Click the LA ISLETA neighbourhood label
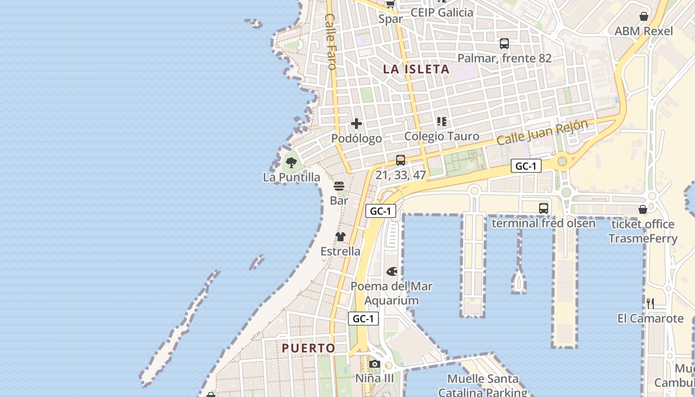tap(416, 69)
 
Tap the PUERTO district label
tap(308, 348)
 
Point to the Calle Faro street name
tap(331, 42)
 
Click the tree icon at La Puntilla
tap(291, 162)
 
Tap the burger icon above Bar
tap(339, 186)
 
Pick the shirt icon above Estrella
tap(340, 237)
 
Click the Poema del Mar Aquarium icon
tap(392, 271)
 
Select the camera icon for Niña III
tap(375, 364)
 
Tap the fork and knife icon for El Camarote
tap(650, 303)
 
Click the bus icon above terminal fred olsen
tap(544, 208)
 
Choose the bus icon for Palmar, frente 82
tap(504, 44)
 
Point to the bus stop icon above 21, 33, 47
tap(401, 160)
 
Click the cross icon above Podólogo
tap(356, 124)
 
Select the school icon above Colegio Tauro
tap(441, 122)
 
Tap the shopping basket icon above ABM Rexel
tap(644, 16)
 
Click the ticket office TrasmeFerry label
tap(643, 231)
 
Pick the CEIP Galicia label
tap(442, 12)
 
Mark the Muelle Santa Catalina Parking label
tap(483, 386)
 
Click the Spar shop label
tap(390, 19)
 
